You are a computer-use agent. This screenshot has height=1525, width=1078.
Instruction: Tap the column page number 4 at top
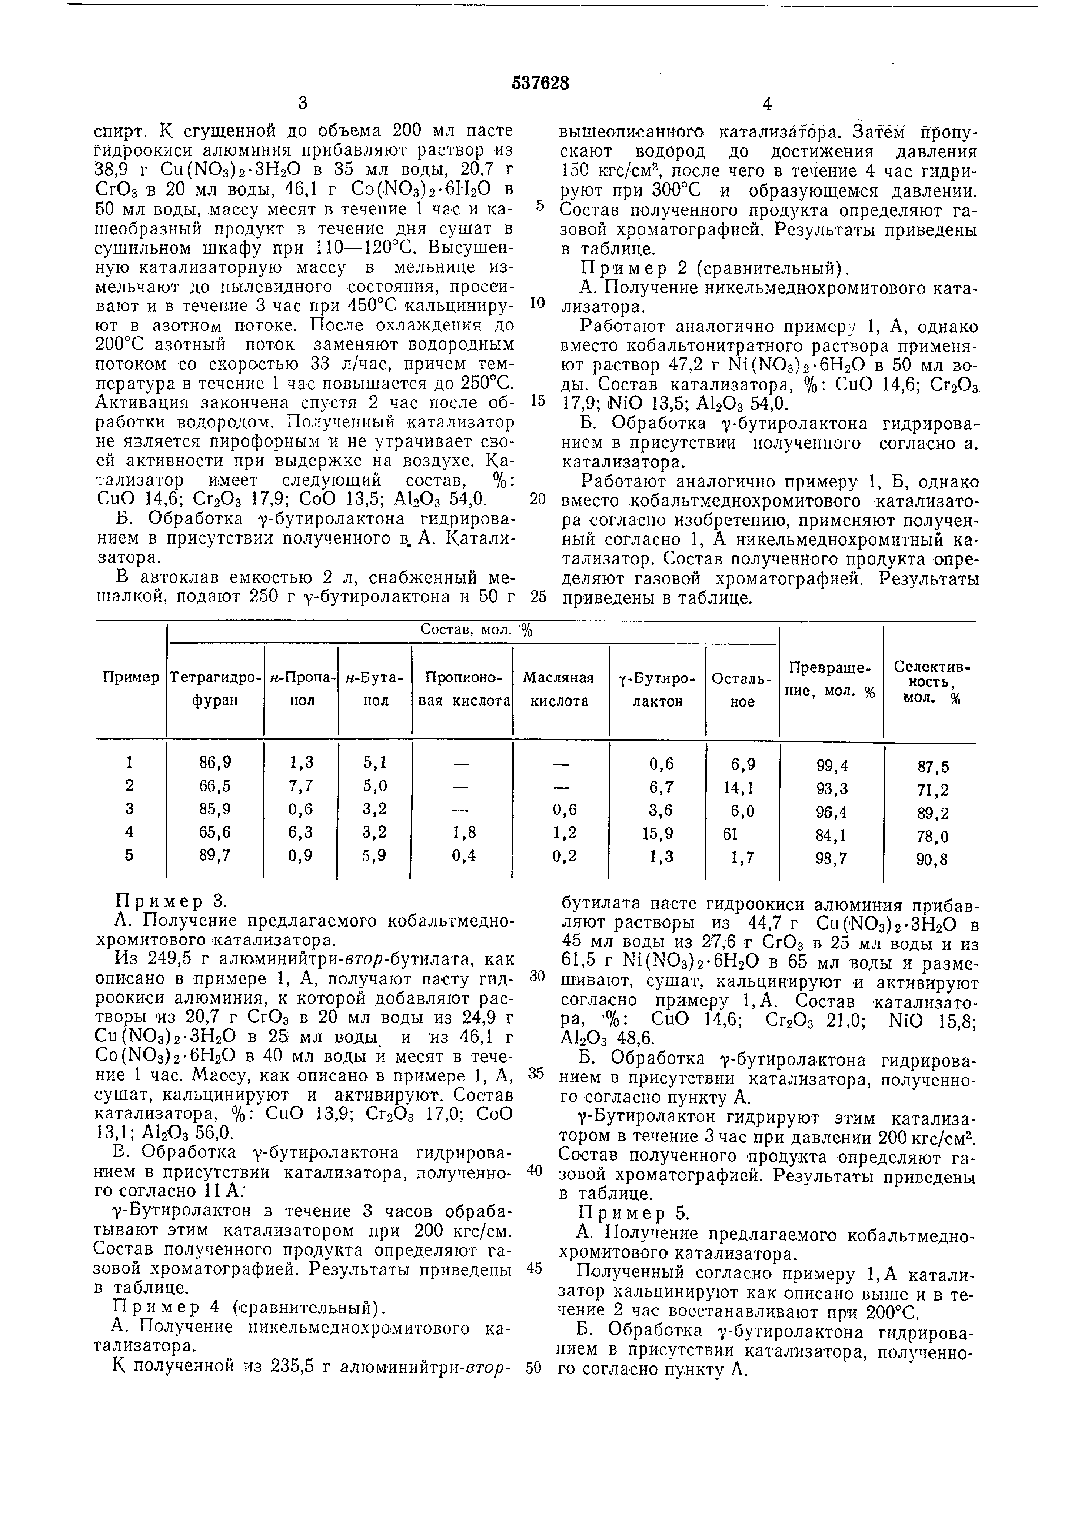click(x=767, y=104)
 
